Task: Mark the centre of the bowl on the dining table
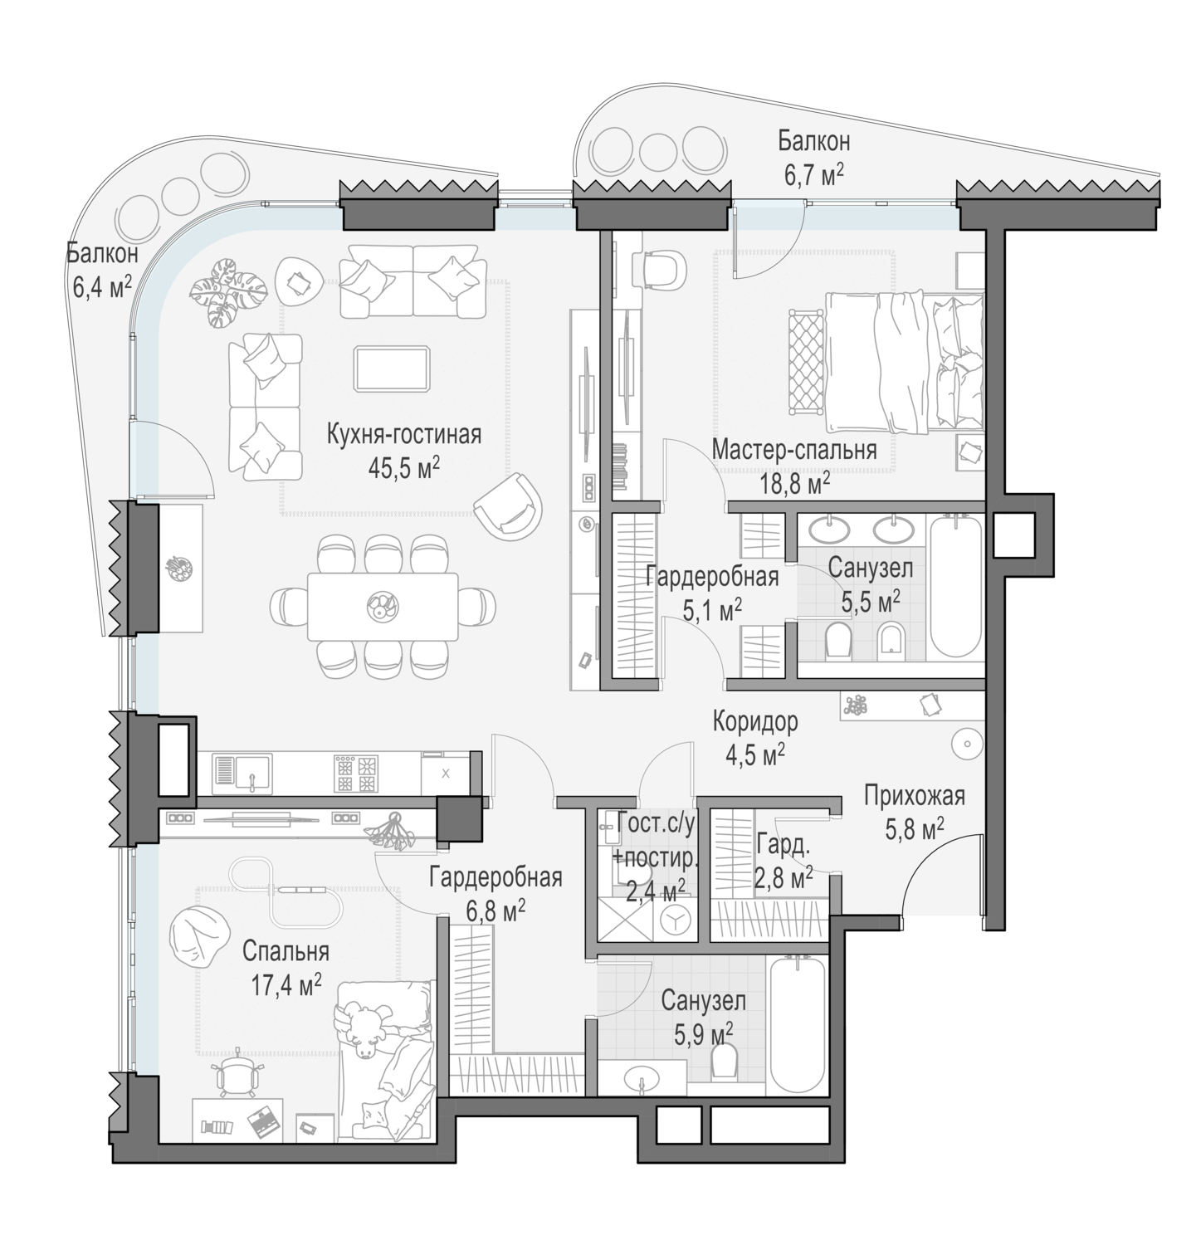pos(383,605)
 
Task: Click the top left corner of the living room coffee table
pos(354,346)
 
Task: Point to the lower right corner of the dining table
pos(457,640)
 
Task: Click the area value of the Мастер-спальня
pos(796,482)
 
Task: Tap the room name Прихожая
pos(915,796)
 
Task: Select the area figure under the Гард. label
pos(784,877)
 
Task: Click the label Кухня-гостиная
pos(404,435)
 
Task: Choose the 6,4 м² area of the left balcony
pos(102,287)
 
